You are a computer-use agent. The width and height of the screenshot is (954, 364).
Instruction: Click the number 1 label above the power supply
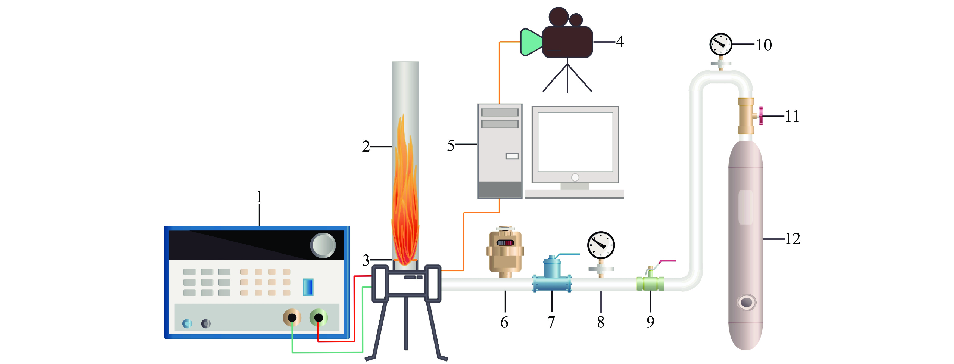(x=259, y=197)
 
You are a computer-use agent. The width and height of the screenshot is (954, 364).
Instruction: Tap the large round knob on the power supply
(x=323, y=245)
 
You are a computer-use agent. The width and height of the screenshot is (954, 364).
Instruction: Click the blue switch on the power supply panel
(x=308, y=287)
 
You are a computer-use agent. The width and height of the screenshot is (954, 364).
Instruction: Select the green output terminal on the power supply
(x=319, y=317)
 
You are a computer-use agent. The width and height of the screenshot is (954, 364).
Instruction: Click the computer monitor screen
(x=575, y=142)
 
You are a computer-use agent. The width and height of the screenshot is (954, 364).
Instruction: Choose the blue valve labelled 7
(x=552, y=276)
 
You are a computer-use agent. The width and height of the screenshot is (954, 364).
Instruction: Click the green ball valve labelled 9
(x=650, y=283)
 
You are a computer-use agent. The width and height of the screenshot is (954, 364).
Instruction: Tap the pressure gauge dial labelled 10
(x=721, y=44)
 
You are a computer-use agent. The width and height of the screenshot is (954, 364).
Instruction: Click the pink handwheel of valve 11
(x=761, y=116)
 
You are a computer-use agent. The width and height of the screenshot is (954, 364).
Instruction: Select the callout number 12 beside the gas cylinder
(x=792, y=239)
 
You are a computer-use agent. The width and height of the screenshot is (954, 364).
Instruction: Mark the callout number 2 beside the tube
(x=366, y=147)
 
